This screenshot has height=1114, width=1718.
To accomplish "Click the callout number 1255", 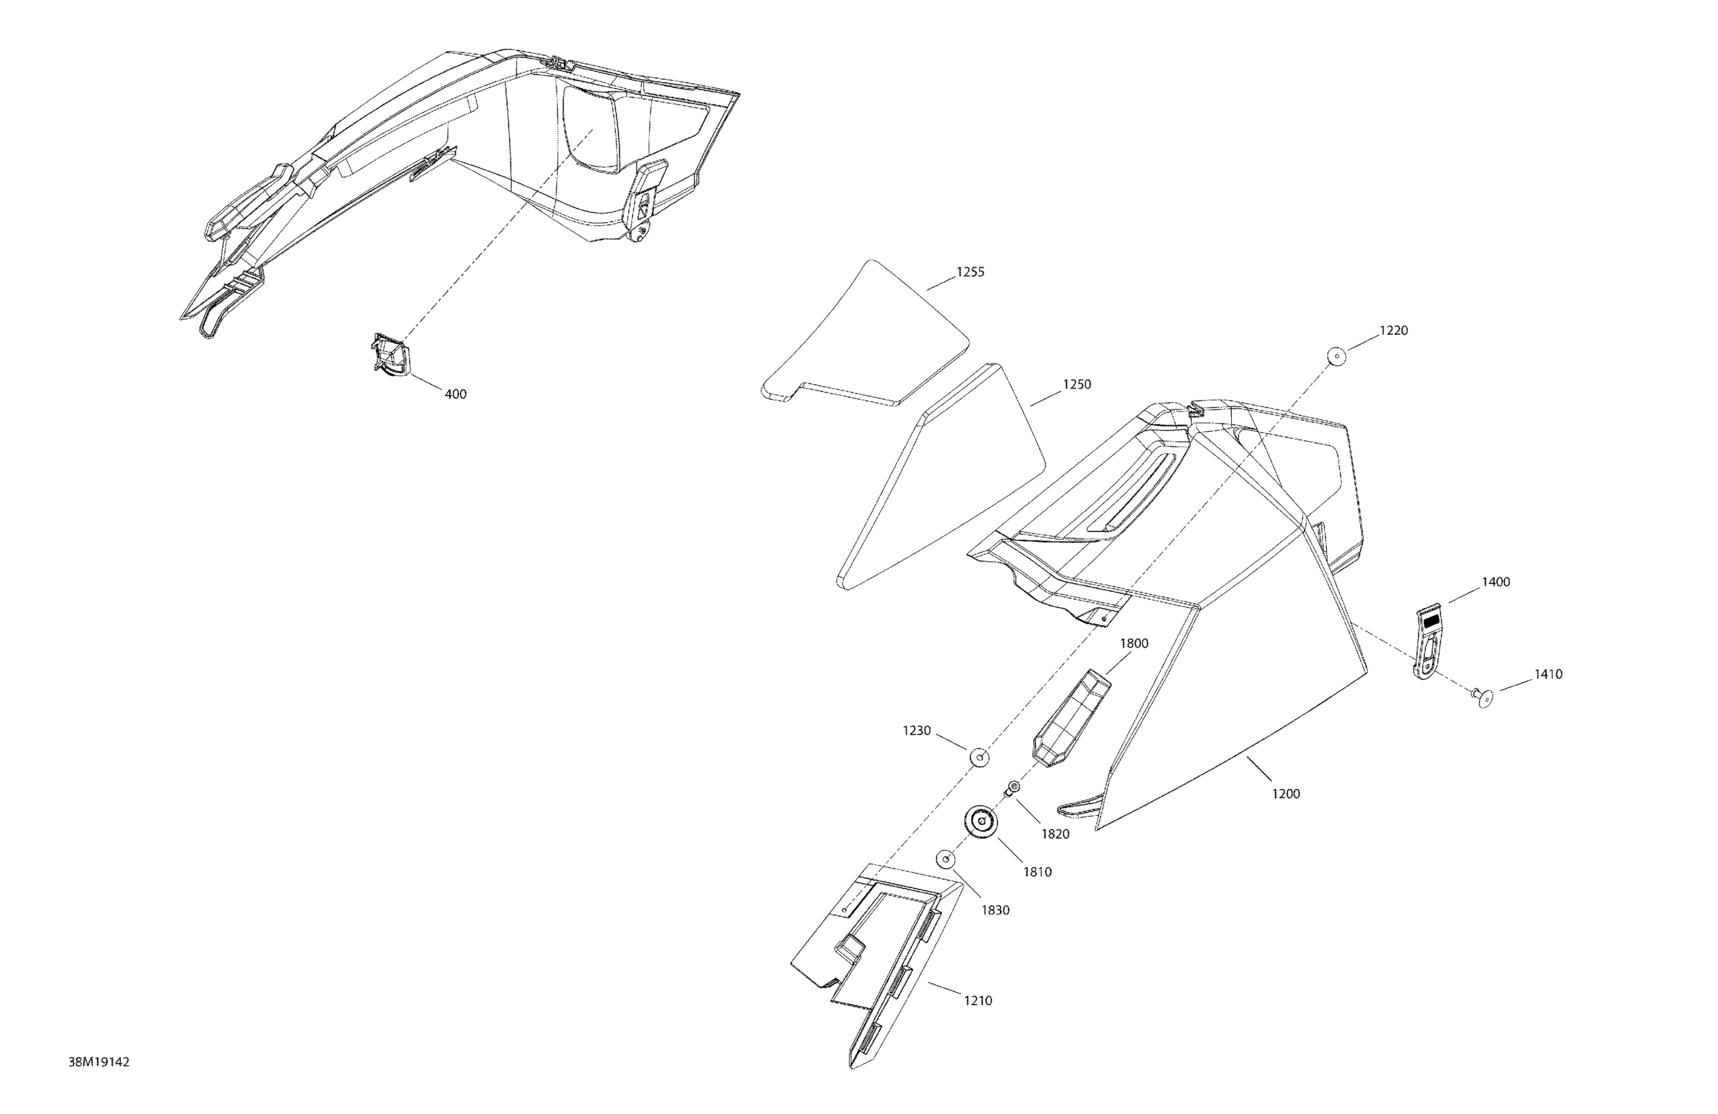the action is [970, 272].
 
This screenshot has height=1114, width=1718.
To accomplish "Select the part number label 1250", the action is [1077, 385].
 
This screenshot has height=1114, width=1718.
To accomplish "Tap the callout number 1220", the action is [1393, 331].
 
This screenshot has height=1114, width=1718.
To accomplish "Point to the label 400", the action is [455, 394].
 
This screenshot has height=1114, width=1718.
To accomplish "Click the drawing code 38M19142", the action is [99, 1062].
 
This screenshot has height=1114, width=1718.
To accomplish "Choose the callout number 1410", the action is [1548, 674].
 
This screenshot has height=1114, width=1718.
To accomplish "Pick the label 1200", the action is [1286, 794].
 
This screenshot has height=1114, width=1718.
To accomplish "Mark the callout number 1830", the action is [995, 910].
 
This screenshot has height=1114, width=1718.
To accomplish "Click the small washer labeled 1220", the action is [1336, 356].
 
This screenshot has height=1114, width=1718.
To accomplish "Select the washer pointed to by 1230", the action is [980, 758].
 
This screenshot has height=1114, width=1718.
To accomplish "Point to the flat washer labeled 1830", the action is [946, 860].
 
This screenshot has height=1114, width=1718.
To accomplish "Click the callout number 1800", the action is [1134, 643].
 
